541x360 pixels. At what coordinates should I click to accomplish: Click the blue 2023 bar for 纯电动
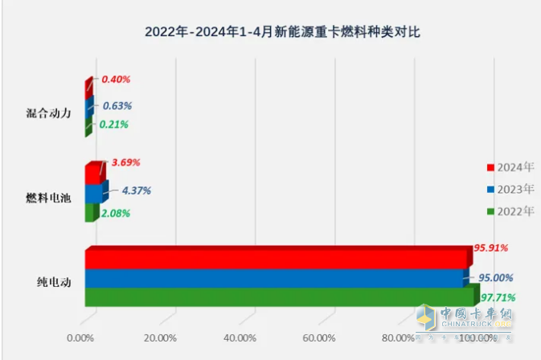pyautogui.click(x=273, y=278)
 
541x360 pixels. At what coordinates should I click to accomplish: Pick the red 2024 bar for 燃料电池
pyautogui.click(x=93, y=174)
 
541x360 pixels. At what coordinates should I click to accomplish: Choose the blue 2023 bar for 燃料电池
pyautogui.click(x=94, y=194)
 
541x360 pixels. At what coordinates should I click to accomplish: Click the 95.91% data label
pyautogui.click(x=490, y=248)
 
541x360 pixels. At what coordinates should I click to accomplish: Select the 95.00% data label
pyautogui.click(x=497, y=277)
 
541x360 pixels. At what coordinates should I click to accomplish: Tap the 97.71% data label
pyautogui.click(x=498, y=297)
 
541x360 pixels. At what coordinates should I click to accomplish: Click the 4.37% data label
pyautogui.click(x=135, y=190)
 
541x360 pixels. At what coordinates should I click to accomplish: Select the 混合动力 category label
pyautogui.click(x=49, y=112)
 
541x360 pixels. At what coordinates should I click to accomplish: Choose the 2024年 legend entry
pyautogui.click(x=510, y=167)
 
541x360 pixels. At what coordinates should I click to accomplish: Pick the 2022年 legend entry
pyautogui.click(x=510, y=211)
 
